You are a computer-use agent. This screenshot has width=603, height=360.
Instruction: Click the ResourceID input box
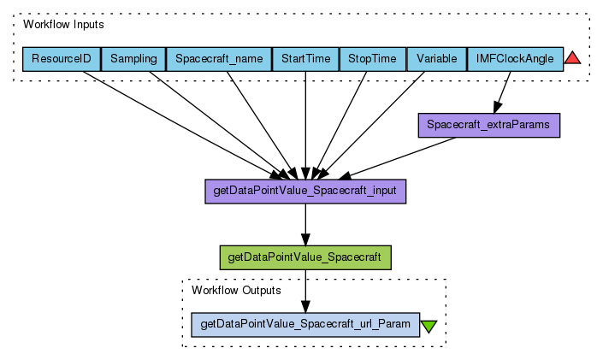(62, 59)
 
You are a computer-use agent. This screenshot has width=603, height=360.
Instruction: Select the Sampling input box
(133, 59)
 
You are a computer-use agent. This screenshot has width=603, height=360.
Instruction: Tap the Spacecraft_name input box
(218, 59)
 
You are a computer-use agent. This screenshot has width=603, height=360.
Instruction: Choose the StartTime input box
(305, 59)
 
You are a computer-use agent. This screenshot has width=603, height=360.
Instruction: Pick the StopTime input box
(373, 59)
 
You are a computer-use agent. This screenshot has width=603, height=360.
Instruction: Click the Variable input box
(436, 59)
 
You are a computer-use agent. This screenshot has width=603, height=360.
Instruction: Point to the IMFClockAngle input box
(515, 59)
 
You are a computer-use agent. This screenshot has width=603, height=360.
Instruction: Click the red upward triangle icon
(573, 58)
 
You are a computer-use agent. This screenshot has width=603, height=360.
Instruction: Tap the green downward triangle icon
(429, 326)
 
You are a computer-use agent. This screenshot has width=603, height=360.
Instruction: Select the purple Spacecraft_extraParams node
(488, 125)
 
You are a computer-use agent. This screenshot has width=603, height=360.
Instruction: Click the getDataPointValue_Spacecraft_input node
(305, 191)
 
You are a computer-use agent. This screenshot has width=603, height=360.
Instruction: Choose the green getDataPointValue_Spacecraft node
(305, 257)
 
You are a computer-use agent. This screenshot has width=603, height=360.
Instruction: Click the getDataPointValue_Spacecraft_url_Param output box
(305, 324)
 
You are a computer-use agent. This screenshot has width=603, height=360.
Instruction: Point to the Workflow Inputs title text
(63, 25)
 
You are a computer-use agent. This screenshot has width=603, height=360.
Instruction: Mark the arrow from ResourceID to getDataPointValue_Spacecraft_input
(180, 120)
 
